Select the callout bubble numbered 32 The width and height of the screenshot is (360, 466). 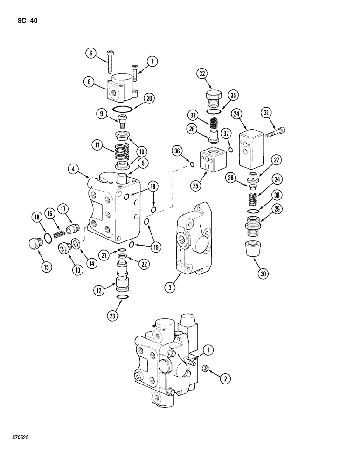point(202,74)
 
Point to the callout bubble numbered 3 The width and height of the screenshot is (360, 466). point(171,288)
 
